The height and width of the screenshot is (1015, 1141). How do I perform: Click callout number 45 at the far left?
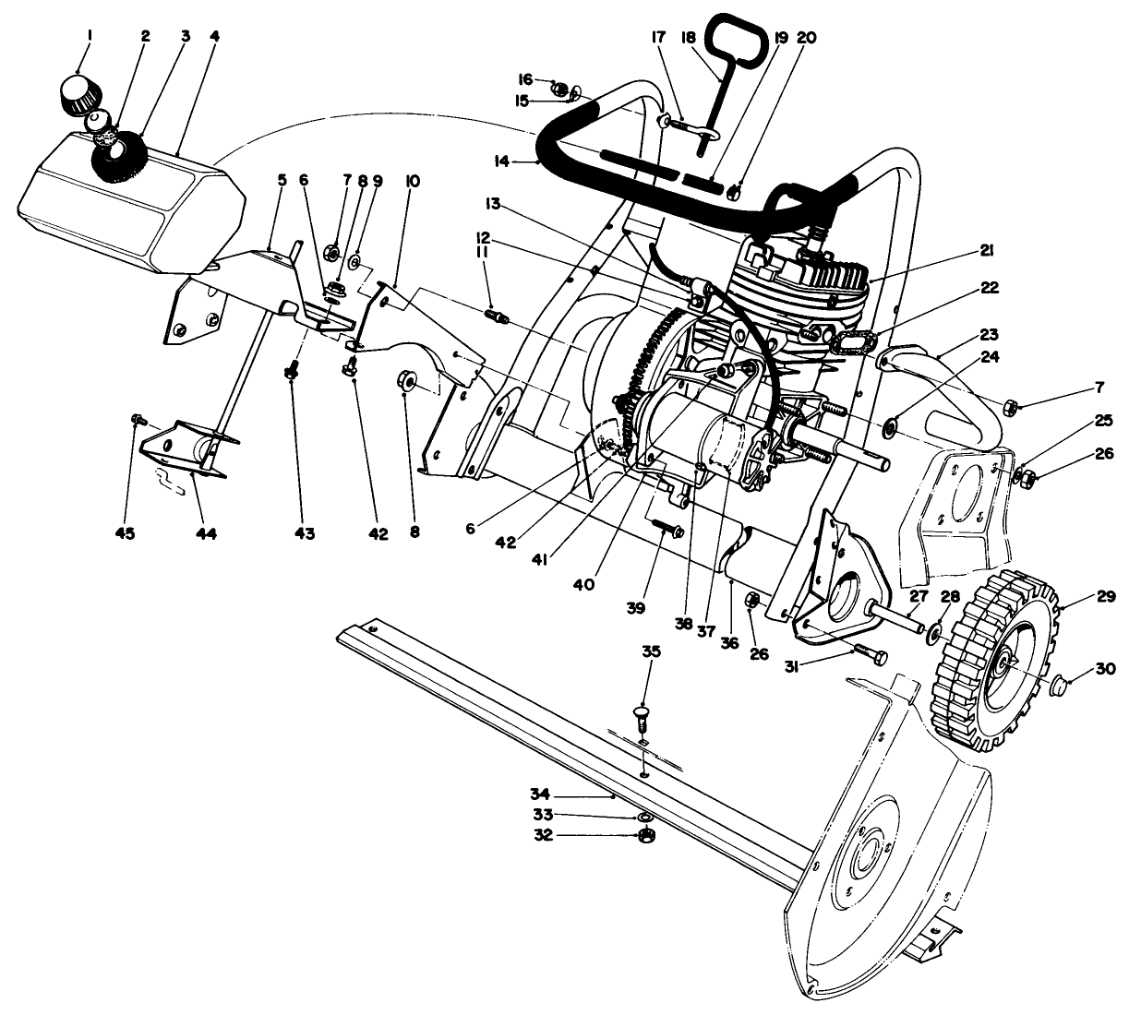(x=125, y=533)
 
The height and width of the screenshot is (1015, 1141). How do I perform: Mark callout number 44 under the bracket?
(x=205, y=533)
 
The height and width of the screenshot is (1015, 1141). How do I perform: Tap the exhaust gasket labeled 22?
(x=853, y=342)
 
